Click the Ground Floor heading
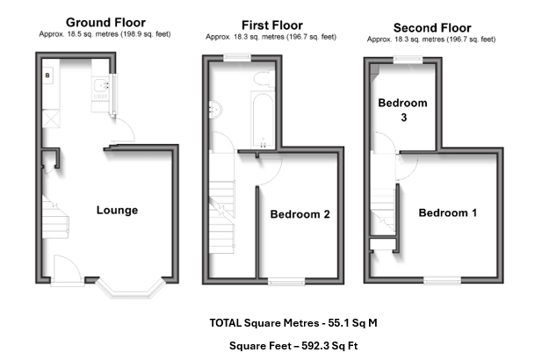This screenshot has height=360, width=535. point(105,23)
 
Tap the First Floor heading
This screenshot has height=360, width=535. point(272,25)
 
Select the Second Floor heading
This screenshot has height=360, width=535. point(432,27)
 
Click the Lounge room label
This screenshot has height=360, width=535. point(117,210)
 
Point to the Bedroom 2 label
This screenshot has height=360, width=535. point(300,214)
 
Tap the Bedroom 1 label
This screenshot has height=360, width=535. point(448,212)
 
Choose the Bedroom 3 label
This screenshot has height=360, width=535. point(402,110)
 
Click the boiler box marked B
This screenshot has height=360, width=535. point(47,76)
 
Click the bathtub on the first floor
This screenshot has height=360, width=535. point(263,119)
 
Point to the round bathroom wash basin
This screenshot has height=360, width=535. point(215,110)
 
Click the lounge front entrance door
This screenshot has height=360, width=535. point(68,270)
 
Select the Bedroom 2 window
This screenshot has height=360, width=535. point(286,281)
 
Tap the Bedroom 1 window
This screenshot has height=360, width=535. point(442,281)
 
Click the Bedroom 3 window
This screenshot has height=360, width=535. point(408,60)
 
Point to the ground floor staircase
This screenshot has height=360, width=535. point(55,217)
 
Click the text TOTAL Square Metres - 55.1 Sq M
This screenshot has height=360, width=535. point(293,323)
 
